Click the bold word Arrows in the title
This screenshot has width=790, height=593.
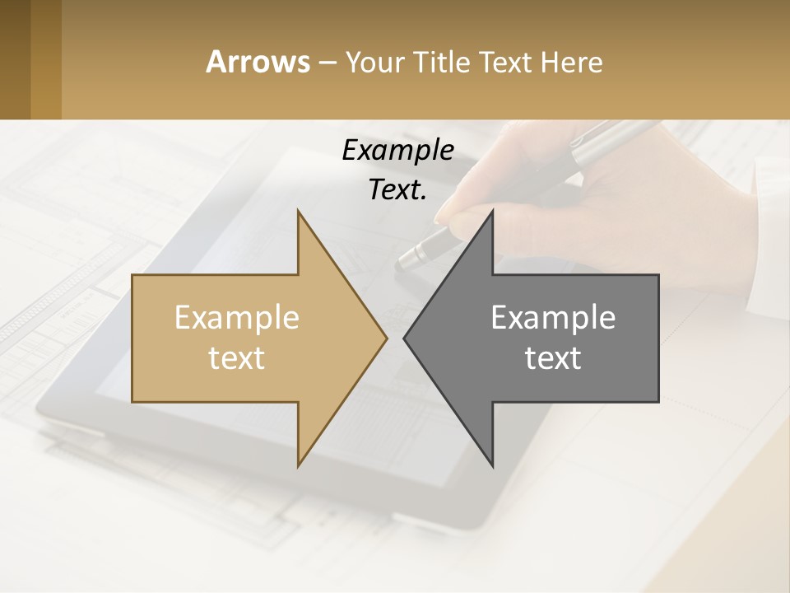point(258,62)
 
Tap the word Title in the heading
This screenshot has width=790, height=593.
point(439,62)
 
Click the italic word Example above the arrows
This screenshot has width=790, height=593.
point(397,151)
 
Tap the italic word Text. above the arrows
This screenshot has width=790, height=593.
point(397,189)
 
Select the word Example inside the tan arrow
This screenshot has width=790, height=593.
point(237,317)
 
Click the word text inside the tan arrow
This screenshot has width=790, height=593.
point(237,357)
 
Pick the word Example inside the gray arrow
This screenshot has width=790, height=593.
point(553,317)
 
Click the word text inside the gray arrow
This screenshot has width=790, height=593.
point(553,357)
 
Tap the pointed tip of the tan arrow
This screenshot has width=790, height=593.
point(385,338)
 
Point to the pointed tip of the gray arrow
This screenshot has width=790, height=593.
point(405,338)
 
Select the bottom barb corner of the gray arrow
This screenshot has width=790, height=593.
point(492,465)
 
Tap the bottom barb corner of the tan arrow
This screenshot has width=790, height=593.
point(298,465)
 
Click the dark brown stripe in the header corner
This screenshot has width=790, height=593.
point(15,59)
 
